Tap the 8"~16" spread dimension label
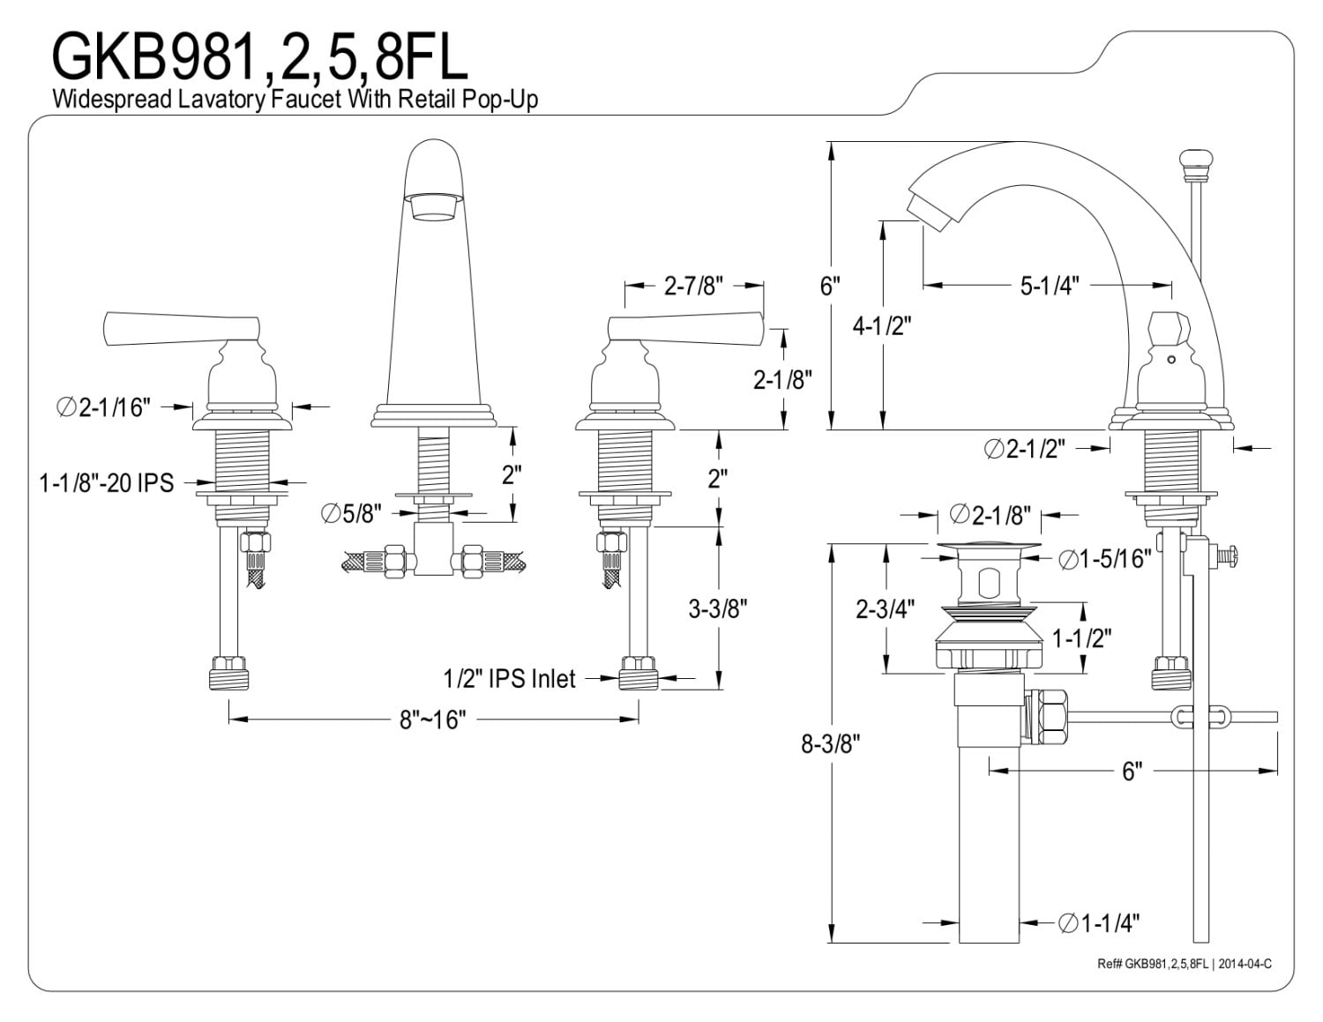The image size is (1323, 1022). coord(432,720)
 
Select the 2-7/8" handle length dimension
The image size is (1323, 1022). coord(693,286)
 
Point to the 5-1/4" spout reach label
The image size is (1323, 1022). coord(1050,286)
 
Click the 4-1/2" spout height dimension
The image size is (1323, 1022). coord(882,327)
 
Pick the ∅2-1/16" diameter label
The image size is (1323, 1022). coord(103,407)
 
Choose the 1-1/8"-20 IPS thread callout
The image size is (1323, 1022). coord(107,483)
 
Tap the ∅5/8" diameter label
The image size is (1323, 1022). coord(351,514)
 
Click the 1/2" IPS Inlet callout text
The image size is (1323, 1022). coord(509,679)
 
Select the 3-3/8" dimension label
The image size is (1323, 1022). coord(718,608)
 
